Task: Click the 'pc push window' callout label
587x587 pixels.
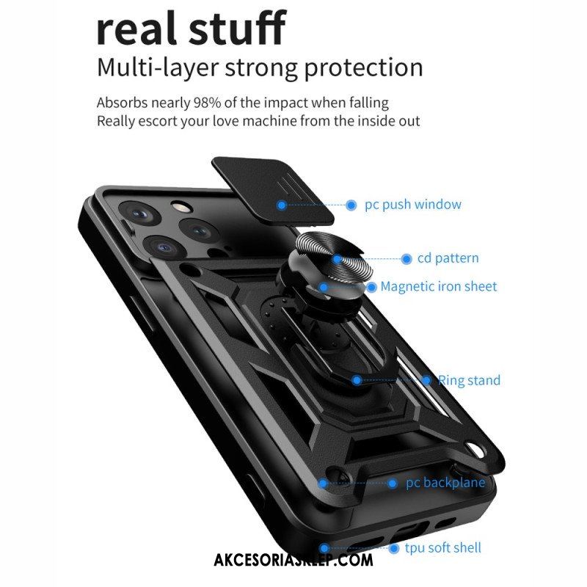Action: (413, 205)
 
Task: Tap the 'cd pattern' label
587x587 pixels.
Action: (448, 258)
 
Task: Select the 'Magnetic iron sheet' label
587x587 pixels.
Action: (439, 286)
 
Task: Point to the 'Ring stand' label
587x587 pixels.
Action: (469, 380)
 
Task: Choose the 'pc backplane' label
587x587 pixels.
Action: (445, 483)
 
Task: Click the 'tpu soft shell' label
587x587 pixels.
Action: (443, 548)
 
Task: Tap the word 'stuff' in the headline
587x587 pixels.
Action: (237, 27)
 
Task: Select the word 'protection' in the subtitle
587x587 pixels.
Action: (363, 68)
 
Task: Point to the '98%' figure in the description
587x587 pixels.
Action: (207, 103)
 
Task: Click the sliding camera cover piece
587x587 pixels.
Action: (273, 191)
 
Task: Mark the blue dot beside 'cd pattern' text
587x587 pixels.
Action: (406, 259)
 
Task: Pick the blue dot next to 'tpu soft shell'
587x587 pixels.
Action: (393, 549)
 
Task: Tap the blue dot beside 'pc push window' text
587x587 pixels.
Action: (351, 205)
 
